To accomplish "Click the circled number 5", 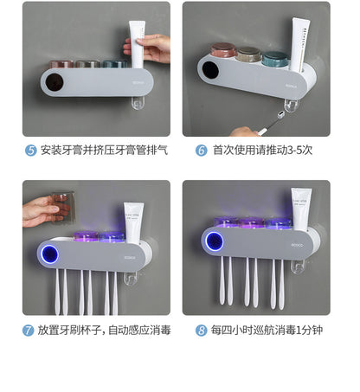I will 32,151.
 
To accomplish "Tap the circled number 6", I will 201,151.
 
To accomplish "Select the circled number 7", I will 29,331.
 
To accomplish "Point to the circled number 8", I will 202,331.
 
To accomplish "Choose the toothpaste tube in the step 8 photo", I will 301,210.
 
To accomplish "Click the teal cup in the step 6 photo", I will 276,59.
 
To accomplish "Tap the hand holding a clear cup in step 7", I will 40,210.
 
